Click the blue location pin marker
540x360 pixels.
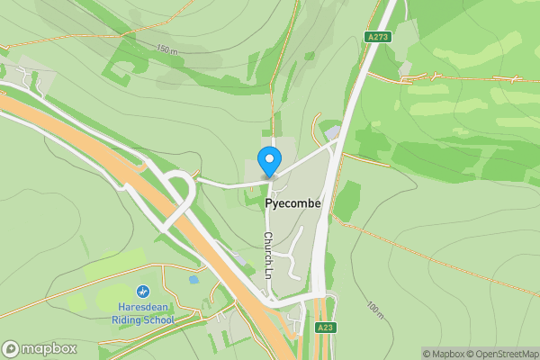pyautogui.click(x=268, y=161)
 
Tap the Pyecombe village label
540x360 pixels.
pyautogui.click(x=293, y=204)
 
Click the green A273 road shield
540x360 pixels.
pyautogui.click(x=377, y=37)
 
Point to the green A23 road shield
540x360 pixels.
pyautogui.click(x=325, y=328)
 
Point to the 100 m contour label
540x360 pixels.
pyautogui.click(x=375, y=311)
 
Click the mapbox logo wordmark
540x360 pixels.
pyautogui.click(x=49, y=349)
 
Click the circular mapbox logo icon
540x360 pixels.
pyautogui.click(x=11, y=349)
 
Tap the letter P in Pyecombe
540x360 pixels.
pyautogui.click(x=269, y=204)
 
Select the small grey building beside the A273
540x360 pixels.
pyautogui.click(x=333, y=133)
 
